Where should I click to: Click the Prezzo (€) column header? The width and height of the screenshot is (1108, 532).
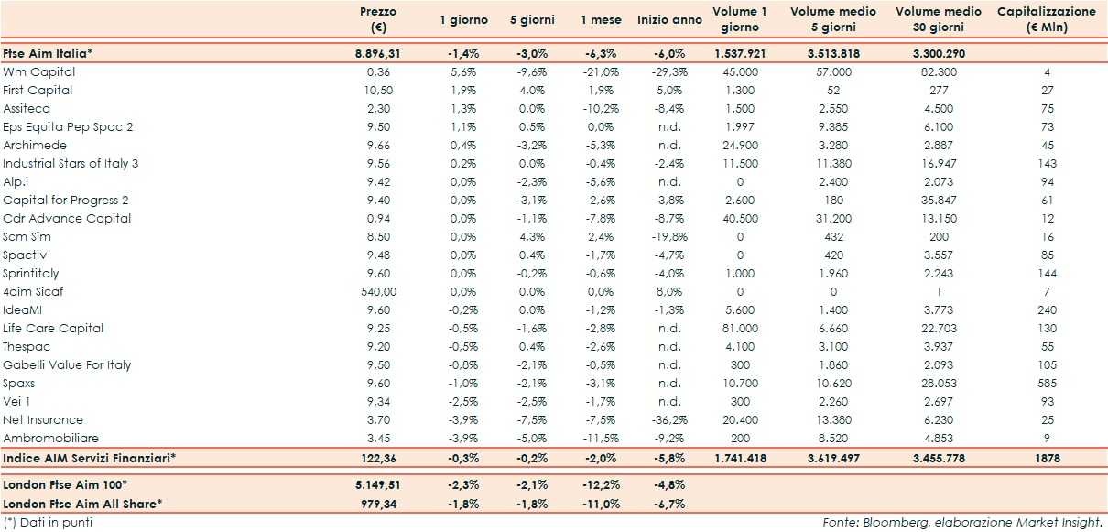tap(377, 19)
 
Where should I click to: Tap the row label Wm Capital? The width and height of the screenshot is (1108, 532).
tap(39, 71)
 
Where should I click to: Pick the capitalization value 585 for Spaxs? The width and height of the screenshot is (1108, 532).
tap(1047, 383)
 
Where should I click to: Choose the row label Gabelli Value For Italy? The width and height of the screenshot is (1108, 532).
tap(67, 364)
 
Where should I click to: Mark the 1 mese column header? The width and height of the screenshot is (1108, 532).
tap(600, 19)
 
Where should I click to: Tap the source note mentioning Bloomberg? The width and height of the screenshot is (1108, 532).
tap(961, 522)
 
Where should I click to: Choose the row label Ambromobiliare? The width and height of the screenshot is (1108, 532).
tap(51, 438)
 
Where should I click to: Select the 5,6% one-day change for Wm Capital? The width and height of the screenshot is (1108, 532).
tap(462, 71)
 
